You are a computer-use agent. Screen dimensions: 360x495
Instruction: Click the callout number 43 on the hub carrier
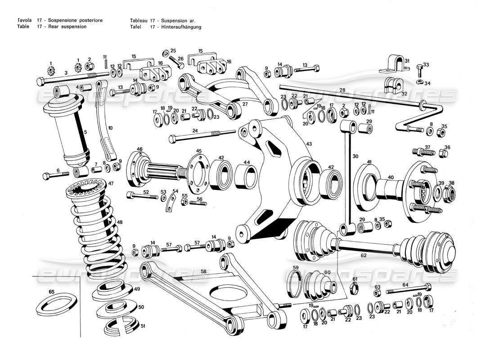pyautogui.click(x=309, y=144)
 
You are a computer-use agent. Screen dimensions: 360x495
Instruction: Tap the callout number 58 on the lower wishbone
pyautogui.click(x=203, y=271)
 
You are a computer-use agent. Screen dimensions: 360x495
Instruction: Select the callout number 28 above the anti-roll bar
pyautogui.click(x=342, y=90)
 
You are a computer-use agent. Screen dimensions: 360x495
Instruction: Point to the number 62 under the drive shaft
pyautogui.click(x=364, y=255)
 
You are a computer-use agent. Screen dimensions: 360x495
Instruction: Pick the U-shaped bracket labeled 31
pyautogui.click(x=393, y=66)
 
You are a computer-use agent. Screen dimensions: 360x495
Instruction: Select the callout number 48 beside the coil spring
pyautogui.click(x=119, y=222)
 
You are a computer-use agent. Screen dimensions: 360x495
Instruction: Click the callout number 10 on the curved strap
pyautogui.click(x=110, y=128)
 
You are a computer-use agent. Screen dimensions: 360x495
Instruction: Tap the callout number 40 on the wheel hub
pyautogui.click(x=391, y=177)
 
